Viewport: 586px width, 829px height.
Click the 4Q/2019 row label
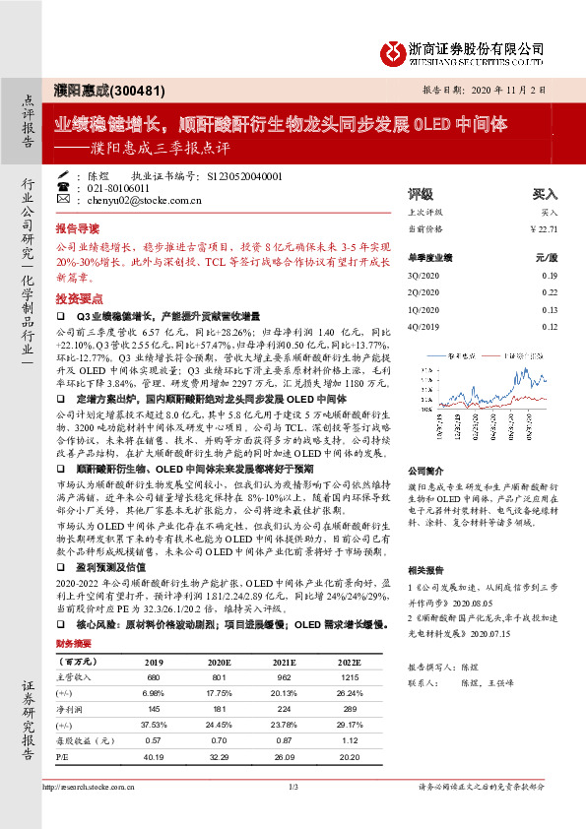(x=422, y=326)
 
